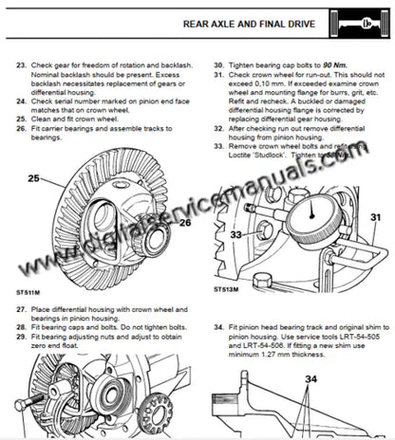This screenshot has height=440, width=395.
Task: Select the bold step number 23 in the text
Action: click(22, 66)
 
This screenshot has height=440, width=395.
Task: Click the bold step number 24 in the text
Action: click(22, 99)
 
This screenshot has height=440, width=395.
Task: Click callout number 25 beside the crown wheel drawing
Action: click(33, 177)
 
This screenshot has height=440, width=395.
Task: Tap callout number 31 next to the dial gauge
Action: click(375, 217)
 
